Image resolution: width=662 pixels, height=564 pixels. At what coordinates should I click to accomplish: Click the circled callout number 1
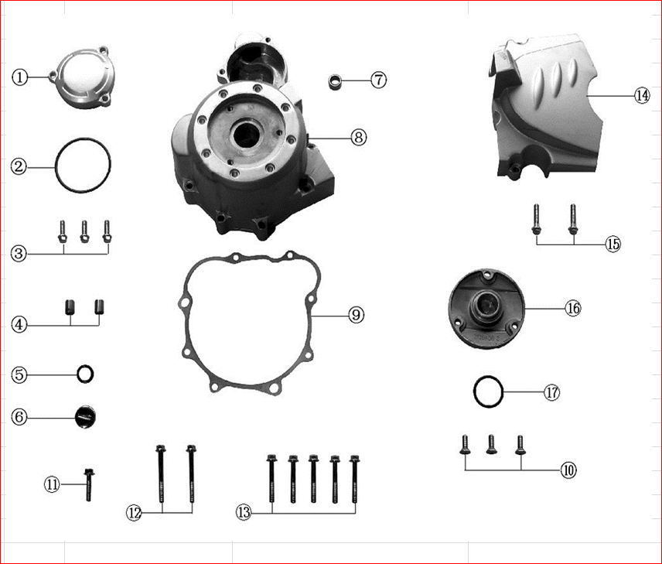pos(20,77)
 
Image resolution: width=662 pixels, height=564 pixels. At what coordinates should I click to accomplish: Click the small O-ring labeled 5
pos(85,374)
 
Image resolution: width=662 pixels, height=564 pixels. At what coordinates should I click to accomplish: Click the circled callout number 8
pos(357,137)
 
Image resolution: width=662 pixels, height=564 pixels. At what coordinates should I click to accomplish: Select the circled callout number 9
pos(356,315)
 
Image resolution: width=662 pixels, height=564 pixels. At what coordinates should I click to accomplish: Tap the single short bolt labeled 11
pos(89,486)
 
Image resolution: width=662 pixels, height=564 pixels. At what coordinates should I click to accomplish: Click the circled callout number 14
pos(641,95)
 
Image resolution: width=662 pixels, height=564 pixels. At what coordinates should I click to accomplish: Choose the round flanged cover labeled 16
pos(486,307)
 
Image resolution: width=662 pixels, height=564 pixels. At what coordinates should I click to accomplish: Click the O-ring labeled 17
pos(488,392)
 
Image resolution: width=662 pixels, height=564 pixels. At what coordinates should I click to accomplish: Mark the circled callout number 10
pos(568,470)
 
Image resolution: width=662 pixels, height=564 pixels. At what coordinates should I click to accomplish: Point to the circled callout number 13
pos(244,511)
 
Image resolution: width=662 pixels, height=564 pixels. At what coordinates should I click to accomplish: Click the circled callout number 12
pos(135,512)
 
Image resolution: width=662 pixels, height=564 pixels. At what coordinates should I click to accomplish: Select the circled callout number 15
pos(613,244)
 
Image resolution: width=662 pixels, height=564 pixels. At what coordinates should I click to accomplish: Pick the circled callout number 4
pos(20,325)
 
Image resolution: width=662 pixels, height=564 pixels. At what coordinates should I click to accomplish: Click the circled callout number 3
pos(20,253)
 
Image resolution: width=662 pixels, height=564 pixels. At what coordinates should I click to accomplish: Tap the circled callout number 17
pos(551,392)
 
